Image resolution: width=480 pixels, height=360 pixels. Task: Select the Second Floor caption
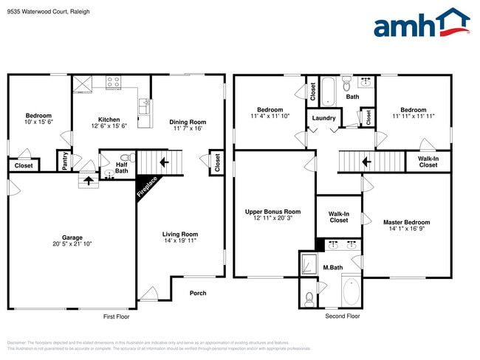pos(343,316)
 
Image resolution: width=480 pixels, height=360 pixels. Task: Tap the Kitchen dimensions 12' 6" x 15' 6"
pos(109,126)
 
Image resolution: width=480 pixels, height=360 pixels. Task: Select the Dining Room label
pos(188,122)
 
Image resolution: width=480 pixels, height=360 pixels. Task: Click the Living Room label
pos(180,235)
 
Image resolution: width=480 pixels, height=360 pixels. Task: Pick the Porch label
pos(198,293)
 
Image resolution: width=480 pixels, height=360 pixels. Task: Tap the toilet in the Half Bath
pos(125,158)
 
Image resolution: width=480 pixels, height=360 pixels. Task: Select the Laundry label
pos(323,118)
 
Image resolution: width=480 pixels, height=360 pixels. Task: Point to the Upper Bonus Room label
pos(272,212)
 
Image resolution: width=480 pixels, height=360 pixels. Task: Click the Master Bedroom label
pos(406,222)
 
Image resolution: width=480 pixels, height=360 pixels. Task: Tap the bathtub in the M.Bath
pos(350,292)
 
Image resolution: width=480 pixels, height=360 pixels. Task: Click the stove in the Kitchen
pos(113,83)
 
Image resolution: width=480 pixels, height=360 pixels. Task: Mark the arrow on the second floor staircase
pos(364,161)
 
